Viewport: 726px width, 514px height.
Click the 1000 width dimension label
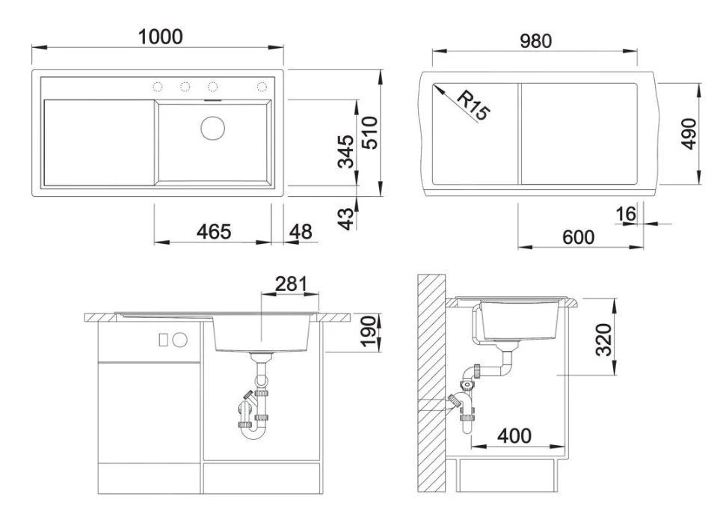point(161,36)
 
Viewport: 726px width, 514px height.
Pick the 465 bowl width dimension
point(213,232)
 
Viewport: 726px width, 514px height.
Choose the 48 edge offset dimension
point(300,232)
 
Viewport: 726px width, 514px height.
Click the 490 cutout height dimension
point(689,133)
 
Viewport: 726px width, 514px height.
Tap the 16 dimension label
point(625,215)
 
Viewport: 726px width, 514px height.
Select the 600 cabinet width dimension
point(578,237)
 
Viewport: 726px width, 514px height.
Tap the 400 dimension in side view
point(515,435)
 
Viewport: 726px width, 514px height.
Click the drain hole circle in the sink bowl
point(212,126)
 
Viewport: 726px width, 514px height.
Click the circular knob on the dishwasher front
point(179,339)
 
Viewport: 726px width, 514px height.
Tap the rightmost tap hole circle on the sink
point(262,87)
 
